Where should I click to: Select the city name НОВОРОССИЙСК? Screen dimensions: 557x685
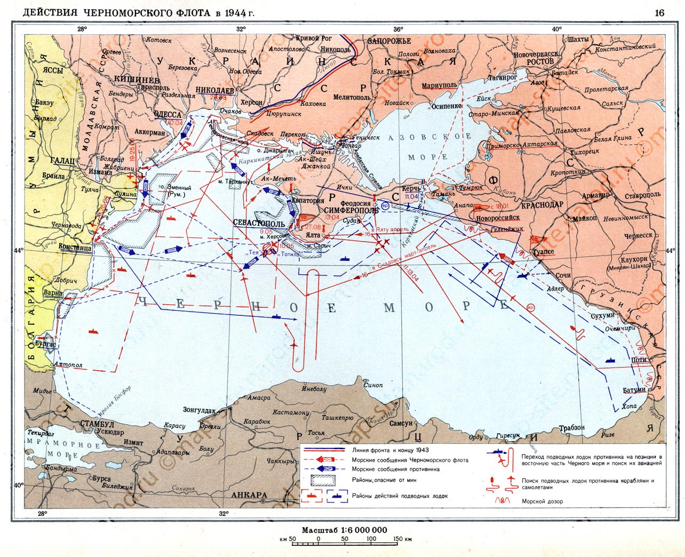(x=497, y=218)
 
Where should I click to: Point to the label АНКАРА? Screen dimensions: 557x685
(x=249, y=495)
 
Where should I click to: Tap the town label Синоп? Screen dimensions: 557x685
(x=372, y=385)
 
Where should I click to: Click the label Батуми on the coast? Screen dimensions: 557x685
(x=634, y=390)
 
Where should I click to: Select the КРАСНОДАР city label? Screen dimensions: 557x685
(x=542, y=205)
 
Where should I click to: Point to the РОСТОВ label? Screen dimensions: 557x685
(x=541, y=61)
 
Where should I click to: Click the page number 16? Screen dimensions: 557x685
(x=659, y=13)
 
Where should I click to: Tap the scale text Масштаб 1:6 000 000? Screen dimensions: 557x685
(x=344, y=530)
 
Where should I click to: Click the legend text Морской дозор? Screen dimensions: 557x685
(x=542, y=501)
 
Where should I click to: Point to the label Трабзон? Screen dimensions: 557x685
(x=571, y=427)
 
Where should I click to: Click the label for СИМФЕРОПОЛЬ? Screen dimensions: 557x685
(x=351, y=210)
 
